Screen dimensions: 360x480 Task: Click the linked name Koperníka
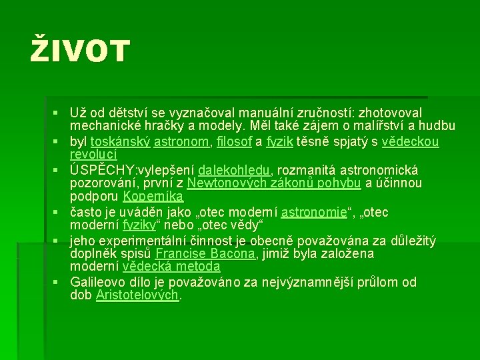(153, 197)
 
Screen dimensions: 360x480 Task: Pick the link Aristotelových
(139, 295)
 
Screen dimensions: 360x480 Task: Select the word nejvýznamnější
(305, 282)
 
